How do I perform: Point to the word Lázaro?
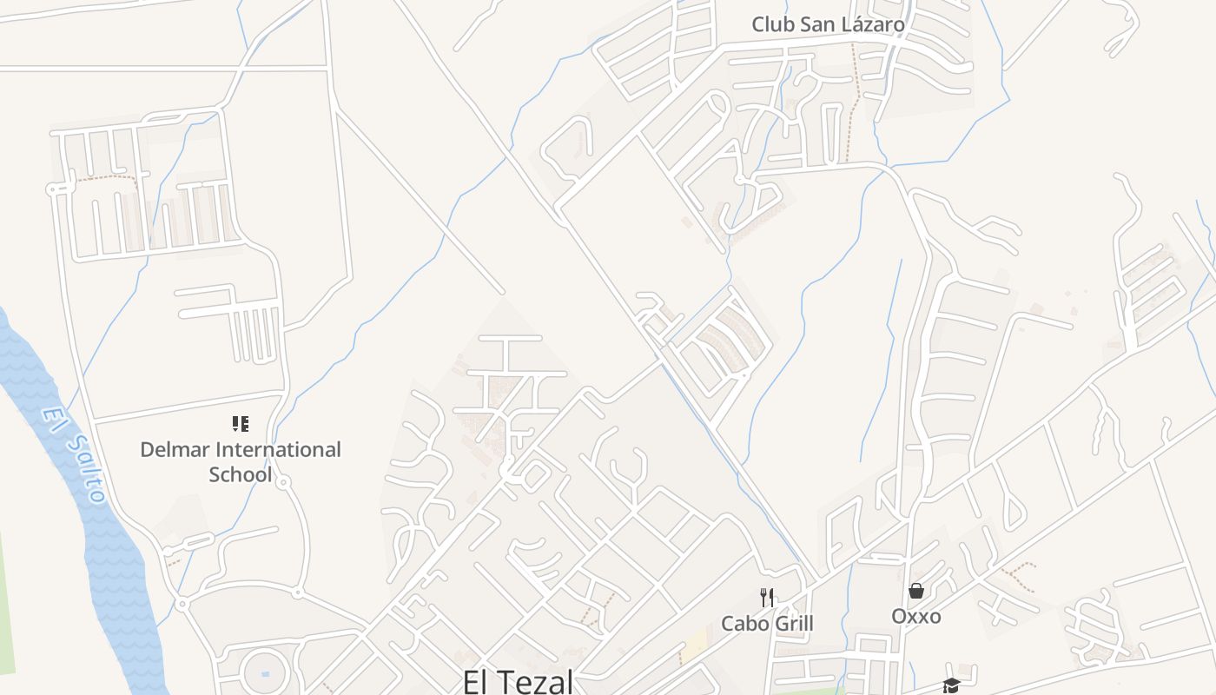872,24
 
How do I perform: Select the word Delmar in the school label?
175,450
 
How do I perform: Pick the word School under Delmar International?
241,474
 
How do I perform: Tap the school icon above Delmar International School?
241,424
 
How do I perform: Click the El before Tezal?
479,681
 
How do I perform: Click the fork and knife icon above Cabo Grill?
767,597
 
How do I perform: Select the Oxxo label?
916,616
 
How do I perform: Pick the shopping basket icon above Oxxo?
916,591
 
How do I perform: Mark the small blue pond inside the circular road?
265,673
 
